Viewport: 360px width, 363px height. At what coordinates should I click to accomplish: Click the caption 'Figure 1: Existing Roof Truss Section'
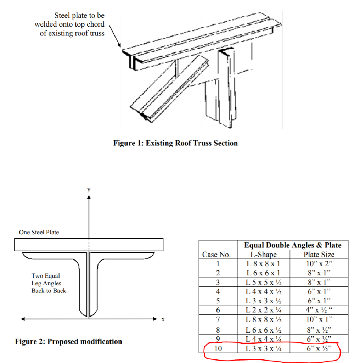click(175, 143)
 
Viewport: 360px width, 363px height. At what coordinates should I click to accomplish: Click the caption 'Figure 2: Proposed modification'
click(68, 341)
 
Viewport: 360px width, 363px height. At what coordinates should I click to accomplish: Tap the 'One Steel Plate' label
click(39, 232)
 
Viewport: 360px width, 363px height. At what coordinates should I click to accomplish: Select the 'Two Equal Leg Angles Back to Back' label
click(49, 283)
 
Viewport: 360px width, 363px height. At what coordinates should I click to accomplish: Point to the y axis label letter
click(89, 190)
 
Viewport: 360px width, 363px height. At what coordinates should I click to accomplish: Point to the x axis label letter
click(163, 319)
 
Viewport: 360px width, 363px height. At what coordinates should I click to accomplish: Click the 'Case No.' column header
click(216, 255)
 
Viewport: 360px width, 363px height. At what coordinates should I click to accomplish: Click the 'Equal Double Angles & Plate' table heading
click(293, 245)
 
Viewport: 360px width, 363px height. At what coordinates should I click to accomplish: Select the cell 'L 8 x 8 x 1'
click(263, 264)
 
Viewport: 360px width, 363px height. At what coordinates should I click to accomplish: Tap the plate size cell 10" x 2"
click(319, 264)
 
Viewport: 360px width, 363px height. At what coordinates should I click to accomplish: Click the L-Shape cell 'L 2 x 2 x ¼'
click(263, 310)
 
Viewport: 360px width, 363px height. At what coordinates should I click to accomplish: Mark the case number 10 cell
click(218, 348)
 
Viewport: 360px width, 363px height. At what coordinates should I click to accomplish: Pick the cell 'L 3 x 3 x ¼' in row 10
click(263, 348)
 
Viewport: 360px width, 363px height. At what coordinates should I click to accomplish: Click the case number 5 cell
click(218, 301)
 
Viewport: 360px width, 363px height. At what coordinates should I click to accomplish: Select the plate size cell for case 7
click(319, 319)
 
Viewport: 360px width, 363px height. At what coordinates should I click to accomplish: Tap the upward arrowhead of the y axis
click(89, 197)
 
